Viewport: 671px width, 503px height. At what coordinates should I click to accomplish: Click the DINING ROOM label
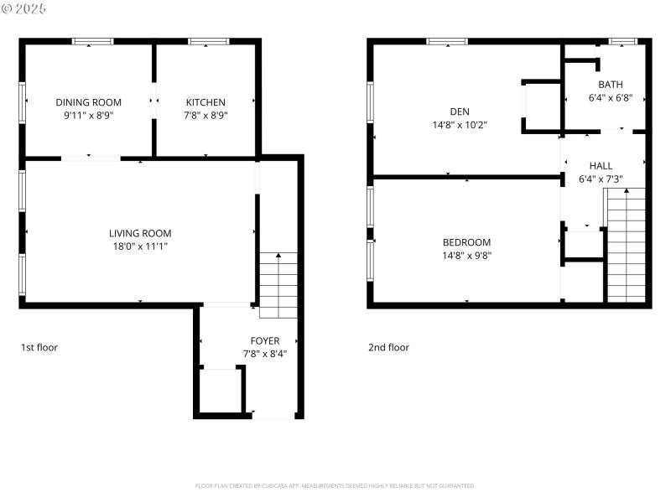coord(88,102)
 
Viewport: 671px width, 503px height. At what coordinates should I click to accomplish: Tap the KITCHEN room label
coord(205,102)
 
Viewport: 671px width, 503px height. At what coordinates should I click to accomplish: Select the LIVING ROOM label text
coord(140,233)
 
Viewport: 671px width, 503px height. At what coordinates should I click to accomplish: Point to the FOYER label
coord(265,340)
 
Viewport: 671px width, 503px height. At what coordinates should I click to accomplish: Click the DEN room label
coord(459,111)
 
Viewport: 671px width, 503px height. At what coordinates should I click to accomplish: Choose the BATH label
coord(610,85)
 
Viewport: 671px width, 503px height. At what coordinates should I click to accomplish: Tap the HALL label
coord(601,166)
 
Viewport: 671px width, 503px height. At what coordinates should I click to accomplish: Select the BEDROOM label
coord(466,242)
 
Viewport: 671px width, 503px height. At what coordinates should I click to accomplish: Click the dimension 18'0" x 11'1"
coord(140,246)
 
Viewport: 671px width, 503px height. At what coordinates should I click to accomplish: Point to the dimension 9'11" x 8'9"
coord(88,116)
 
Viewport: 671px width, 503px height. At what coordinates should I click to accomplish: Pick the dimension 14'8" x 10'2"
coord(459,124)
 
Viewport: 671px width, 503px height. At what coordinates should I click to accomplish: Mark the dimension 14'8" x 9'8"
coord(466,256)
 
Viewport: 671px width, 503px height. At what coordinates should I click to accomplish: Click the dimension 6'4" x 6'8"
coord(610,98)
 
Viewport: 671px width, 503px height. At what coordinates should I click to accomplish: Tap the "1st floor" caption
coord(39,347)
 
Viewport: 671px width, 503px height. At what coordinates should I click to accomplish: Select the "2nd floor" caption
coord(389,347)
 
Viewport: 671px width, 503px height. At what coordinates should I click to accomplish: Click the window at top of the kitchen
coord(203,40)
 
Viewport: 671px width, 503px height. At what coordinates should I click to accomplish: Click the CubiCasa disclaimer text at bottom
coord(335,485)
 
